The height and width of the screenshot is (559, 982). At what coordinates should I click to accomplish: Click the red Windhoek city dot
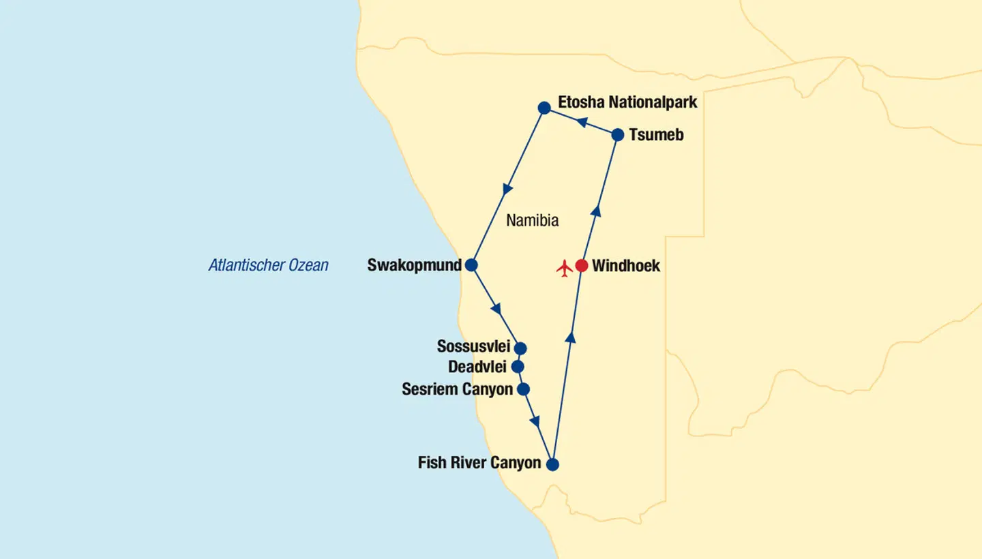[x=581, y=266]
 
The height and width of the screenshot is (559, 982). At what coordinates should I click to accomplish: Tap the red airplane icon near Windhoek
[x=565, y=268]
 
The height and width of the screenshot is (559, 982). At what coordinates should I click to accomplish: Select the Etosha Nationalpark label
[x=627, y=102]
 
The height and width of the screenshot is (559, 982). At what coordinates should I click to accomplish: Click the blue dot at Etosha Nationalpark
[x=544, y=108]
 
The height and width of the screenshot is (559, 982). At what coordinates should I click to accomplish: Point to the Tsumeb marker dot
[x=618, y=135]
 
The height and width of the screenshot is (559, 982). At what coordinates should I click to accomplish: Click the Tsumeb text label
[x=656, y=135]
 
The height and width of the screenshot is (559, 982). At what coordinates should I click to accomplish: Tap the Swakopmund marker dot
[x=471, y=265]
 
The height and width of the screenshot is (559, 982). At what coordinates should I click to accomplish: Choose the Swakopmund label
[x=414, y=265]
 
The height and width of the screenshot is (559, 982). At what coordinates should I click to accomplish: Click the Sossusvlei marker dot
[x=520, y=348]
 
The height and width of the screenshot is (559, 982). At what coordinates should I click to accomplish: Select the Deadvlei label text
[x=477, y=367]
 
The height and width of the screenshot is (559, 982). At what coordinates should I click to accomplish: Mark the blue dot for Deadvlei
[x=518, y=367]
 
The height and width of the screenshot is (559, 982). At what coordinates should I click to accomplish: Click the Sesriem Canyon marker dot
[x=523, y=389]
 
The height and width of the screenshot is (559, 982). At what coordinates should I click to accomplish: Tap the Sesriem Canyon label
[x=457, y=389]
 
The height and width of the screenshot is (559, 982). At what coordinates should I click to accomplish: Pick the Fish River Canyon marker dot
[x=553, y=465]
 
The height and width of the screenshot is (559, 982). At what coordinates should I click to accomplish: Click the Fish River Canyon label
[x=479, y=464]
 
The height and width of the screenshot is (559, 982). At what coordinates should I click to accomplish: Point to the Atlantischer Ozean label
[x=268, y=265]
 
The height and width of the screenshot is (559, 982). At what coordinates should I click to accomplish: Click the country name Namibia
[x=533, y=220]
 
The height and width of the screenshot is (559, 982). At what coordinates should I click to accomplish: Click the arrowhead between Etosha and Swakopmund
[x=507, y=189]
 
